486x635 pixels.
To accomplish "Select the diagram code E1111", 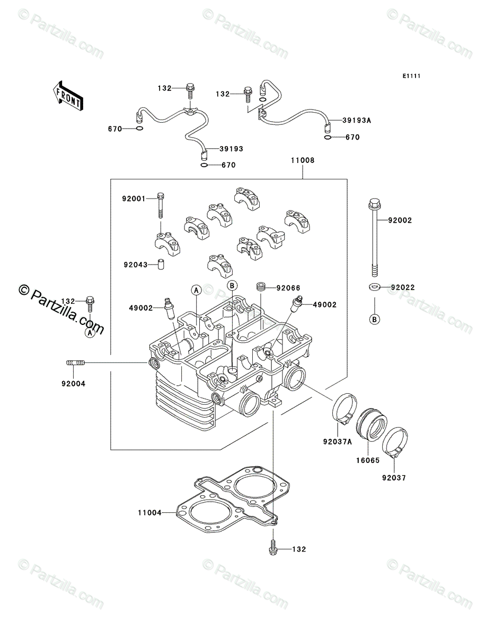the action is click(411, 76).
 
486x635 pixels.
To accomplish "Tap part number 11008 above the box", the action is click(303, 160).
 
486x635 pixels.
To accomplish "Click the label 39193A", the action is click(357, 120).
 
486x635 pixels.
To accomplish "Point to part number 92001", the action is click(134, 199).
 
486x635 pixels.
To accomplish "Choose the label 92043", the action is click(136, 265).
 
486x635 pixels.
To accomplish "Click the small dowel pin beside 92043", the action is click(161, 265).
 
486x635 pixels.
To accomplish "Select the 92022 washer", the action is click(375, 287).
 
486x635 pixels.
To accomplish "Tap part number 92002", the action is click(400, 221).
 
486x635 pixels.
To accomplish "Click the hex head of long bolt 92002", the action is click(375, 204).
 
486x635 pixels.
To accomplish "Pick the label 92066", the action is click(288, 288).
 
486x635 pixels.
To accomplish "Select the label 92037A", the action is click(338, 450).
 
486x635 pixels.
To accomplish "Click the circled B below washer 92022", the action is click(375, 320).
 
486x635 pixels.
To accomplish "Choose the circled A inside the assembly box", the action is click(196, 290).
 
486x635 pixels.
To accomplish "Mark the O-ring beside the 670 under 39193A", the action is click(328, 137).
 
